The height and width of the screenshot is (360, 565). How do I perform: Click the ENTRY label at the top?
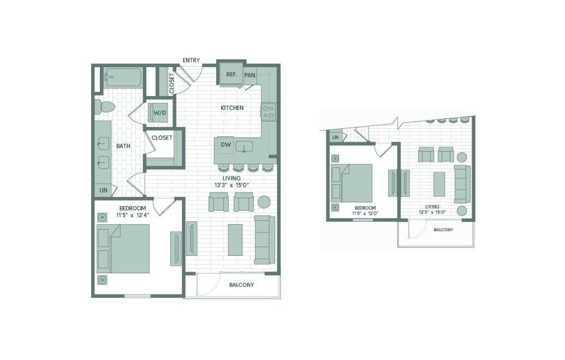pos(191,60)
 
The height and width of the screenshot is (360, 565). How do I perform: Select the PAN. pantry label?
pos(250,75)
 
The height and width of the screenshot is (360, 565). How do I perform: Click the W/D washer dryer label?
pos(160,113)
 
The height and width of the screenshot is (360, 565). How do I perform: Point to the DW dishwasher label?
pos(225,145)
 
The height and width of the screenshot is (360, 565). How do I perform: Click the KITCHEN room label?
pos(232,107)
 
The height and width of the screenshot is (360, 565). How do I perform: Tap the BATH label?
pos(123,146)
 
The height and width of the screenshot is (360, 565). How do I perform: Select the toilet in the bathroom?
pos(104,107)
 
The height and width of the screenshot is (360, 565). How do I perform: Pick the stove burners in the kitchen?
pos(268,111)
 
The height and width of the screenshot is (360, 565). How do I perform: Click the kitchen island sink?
pos(245,147)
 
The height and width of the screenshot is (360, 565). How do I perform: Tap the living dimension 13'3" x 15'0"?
pos(231,185)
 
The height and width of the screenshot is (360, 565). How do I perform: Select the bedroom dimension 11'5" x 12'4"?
pos(133,215)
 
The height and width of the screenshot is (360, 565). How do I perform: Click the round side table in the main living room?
pos(264,202)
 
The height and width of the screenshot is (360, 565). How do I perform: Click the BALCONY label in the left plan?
pos(241,285)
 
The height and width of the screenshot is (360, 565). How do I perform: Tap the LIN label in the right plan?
pos(335,137)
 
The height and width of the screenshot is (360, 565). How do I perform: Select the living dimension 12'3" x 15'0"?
pos(432,212)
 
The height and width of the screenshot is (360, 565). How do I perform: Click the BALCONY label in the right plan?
pos(443,230)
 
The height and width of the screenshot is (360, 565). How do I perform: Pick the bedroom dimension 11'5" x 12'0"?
pos(365,213)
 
